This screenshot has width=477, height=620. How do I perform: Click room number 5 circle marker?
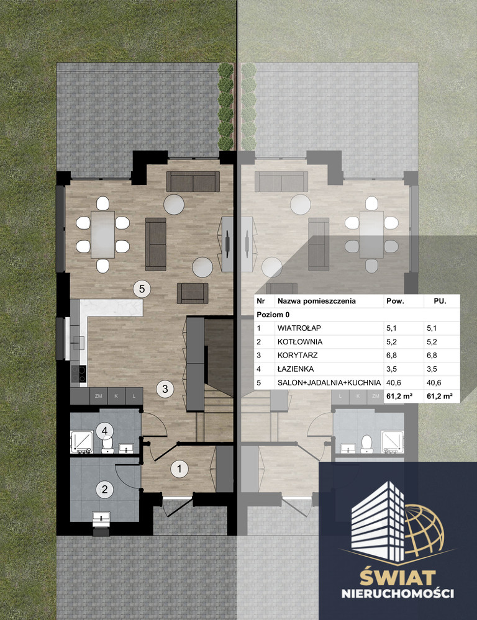(142, 289)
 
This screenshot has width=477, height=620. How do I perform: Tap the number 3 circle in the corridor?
(165, 389)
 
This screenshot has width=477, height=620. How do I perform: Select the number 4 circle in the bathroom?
(104, 431)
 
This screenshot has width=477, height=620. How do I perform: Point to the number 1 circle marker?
(179, 469)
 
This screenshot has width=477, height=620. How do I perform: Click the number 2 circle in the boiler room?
(104, 490)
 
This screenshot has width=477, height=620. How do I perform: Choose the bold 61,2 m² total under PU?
(439, 396)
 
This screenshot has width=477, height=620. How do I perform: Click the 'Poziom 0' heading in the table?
(273, 315)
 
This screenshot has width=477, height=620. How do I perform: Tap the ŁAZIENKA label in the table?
(295, 369)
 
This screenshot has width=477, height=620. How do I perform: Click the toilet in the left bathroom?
(107, 445)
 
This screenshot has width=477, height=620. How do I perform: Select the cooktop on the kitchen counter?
(78, 374)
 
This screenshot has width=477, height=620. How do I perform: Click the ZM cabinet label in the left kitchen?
(99, 396)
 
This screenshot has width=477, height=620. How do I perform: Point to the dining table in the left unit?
(103, 235)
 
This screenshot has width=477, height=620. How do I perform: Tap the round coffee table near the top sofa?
(174, 204)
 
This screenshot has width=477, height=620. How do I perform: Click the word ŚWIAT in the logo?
(397, 578)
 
